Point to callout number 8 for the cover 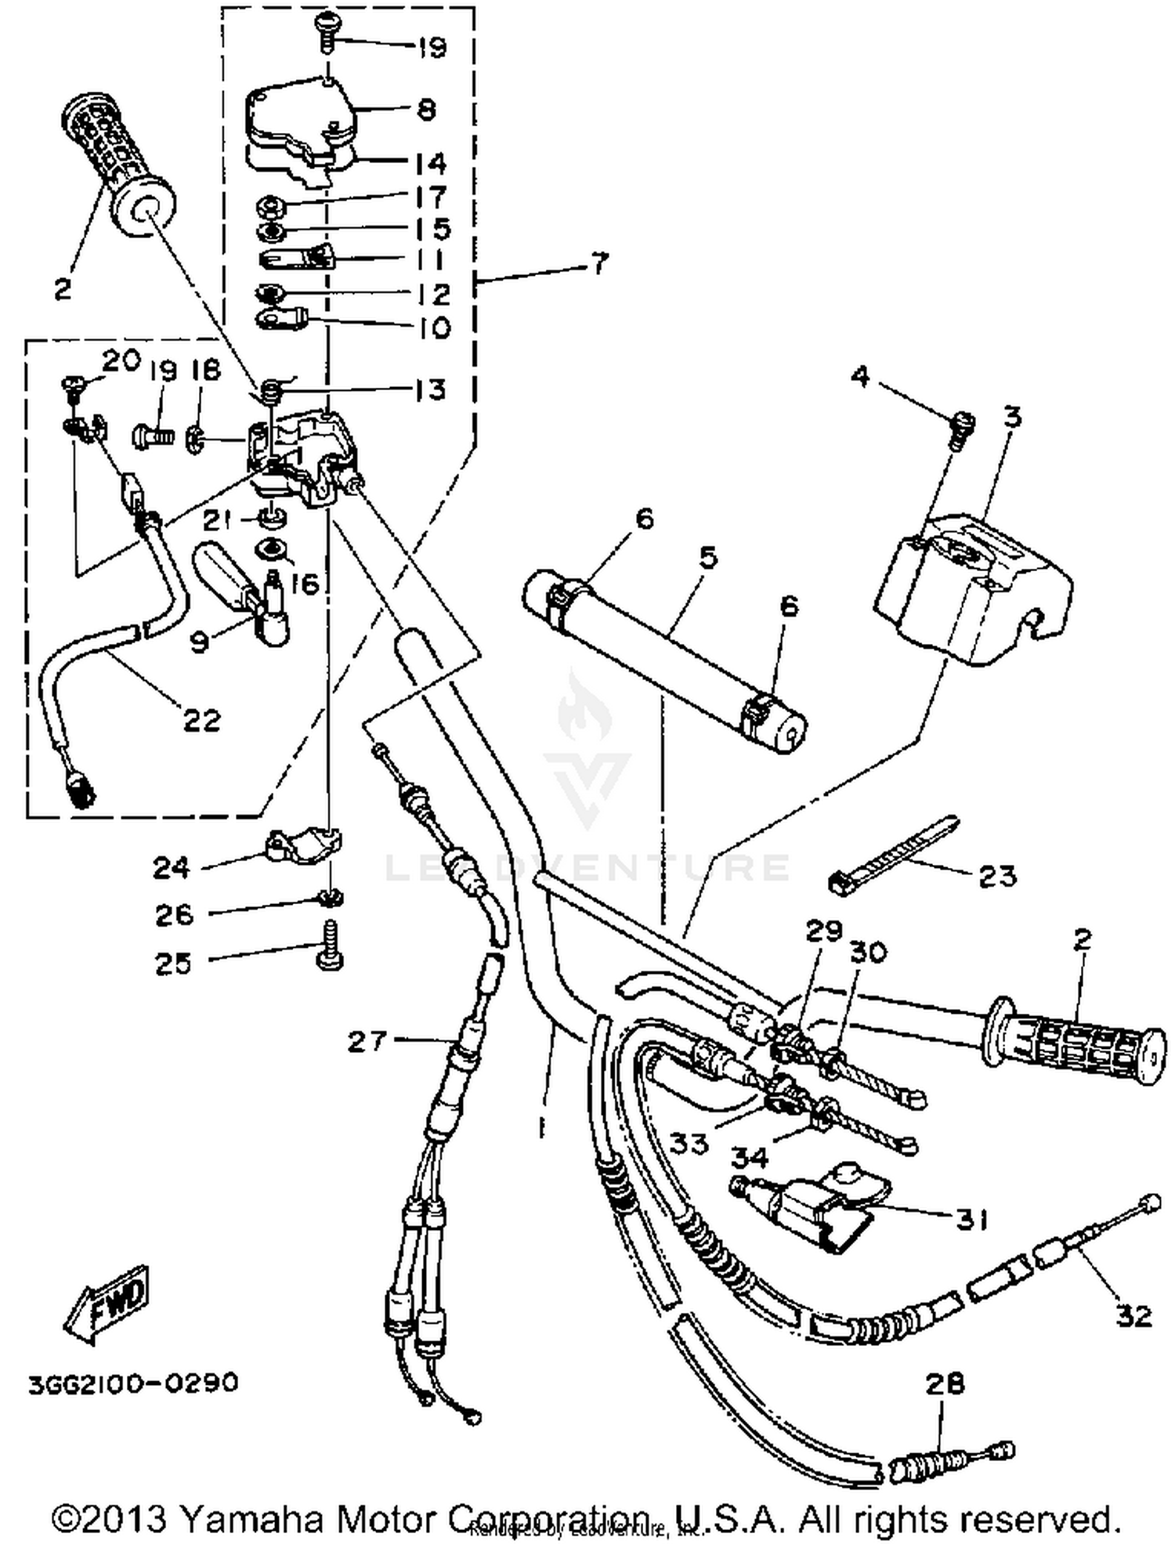pyautogui.click(x=426, y=109)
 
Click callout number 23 pyautogui.click(x=996, y=875)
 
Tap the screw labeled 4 pyautogui.click(x=963, y=429)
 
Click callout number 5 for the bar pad pyautogui.click(x=707, y=558)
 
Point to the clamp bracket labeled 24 pyautogui.click(x=302, y=845)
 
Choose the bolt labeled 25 pyautogui.click(x=329, y=947)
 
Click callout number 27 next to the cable pyautogui.click(x=367, y=1041)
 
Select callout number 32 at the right pyautogui.click(x=1133, y=1316)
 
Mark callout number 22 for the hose pyautogui.click(x=201, y=720)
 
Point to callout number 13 pyautogui.click(x=430, y=389)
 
